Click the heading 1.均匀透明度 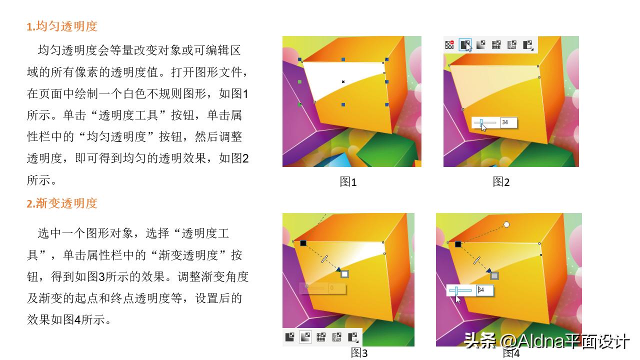coord(62,26)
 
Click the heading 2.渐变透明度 coord(62,203)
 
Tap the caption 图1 coord(348,182)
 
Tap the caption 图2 coord(501,182)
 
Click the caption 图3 coord(359,353)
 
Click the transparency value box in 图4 coord(484,290)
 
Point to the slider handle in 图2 coord(481,122)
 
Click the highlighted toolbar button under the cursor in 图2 coord(465,44)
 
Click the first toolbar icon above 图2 coord(449,44)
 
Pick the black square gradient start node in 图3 coord(303,243)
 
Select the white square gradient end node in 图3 coord(344,274)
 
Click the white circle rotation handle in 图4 coord(506,224)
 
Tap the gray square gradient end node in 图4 coord(494,275)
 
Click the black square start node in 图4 coord(458,244)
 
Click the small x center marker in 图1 coord(343,81)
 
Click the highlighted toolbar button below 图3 coord(305,337)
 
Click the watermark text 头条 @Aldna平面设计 coord(546,341)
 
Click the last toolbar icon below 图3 coord(353,337)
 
